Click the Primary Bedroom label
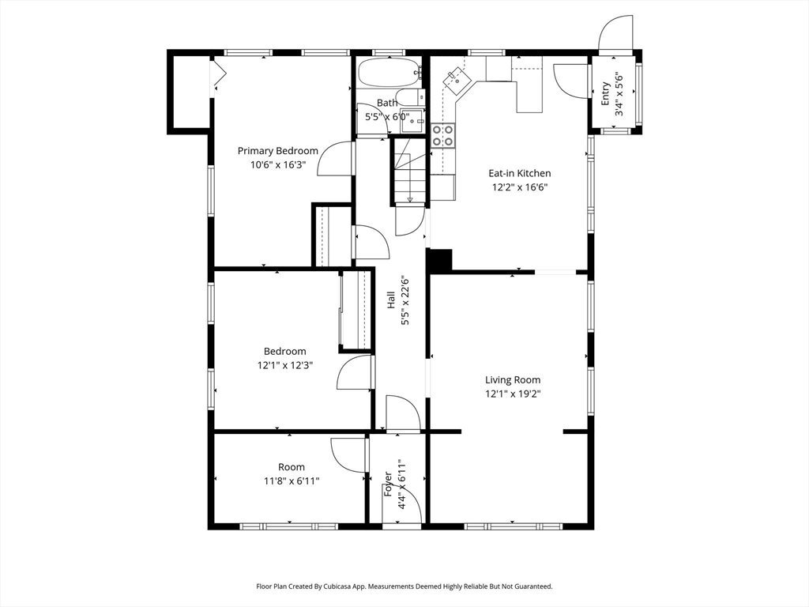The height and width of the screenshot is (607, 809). tap(277, 151)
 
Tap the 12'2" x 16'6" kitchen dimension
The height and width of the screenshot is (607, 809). tap(520, 187)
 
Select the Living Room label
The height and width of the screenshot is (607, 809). tap(513, 380)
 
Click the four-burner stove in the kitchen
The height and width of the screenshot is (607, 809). tap(442, 135)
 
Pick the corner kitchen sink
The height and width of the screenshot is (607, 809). tap(457, 81)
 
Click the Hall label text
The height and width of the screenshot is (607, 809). tap(391, 300)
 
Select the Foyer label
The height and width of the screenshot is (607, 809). tap(389, 484)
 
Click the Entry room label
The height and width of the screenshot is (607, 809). tap(606, 93)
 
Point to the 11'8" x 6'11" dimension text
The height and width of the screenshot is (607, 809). tap(292, 481)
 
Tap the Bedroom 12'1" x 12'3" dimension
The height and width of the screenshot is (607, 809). tap(285, 365)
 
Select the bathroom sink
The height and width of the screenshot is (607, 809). tap(412, 121)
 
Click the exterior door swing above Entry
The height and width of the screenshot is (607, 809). tap(615, 32)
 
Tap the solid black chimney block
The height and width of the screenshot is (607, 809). tap(439, 259)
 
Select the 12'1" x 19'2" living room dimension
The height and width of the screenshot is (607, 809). tap(513, 394)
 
